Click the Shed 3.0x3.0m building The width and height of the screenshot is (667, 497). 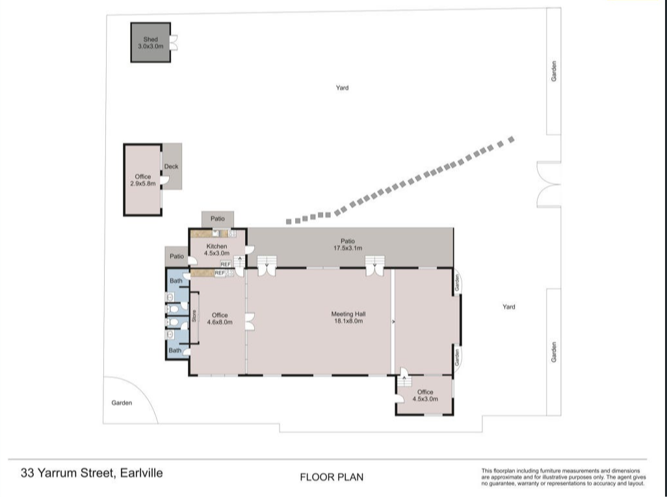click(x=151, y=42)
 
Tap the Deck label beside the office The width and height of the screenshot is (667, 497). click(x=172, y=167)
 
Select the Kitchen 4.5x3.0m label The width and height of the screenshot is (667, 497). click(x=216, y=249)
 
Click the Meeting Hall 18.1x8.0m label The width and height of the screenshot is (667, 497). click(x=348, y=318)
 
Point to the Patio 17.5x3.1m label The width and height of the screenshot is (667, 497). click(x=348, y=244)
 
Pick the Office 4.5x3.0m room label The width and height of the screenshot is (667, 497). click(x=425, y=396)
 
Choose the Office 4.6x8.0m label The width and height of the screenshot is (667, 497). click(x=220, y=318)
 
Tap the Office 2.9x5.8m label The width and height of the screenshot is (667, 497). click(x=143, y=180)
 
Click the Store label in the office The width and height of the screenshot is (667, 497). click(x=194, y=316)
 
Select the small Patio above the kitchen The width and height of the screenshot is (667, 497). click(x=217, y=219)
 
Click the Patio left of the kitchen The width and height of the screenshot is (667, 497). click(x=177, y=257)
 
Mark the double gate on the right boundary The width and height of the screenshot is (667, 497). click(x=549, y=184)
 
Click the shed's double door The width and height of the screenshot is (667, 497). click(x=174, y=42)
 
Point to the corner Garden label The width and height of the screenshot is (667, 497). click(x=122, y=403)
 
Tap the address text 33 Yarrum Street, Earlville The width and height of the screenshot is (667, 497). click(x=92, y=473)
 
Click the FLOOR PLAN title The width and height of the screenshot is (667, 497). click(x=332, y=478)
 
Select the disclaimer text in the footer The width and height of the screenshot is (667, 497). click(x=564, y=477)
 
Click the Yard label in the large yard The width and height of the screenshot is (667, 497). click(x=342, y=88)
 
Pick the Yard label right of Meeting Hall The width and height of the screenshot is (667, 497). click(x=509, y=307)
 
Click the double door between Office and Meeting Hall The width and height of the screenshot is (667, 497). click(x=250, y=322)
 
